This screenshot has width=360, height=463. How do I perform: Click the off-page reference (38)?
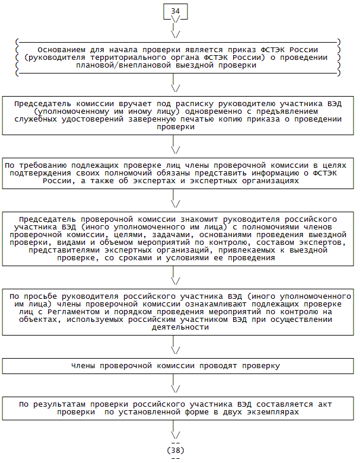pos(176,450)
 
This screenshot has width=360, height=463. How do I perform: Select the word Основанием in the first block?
pos(60,50)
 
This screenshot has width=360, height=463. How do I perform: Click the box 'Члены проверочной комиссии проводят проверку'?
pos(176,366)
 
